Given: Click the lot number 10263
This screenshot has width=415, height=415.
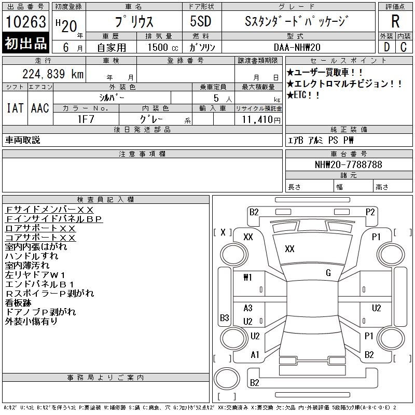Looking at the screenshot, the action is [26, 22].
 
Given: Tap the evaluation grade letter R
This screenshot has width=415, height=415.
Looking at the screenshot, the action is [395, 21].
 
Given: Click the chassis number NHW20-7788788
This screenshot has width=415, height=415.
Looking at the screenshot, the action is [348, 164].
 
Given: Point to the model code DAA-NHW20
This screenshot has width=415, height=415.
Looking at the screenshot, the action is [297, 47].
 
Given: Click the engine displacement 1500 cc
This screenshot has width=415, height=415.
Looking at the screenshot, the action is [163, 47].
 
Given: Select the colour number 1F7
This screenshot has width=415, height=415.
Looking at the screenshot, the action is [86, 119].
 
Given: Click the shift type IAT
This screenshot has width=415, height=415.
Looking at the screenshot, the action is [15, 108].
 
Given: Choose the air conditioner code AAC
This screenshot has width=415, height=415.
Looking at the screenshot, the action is [40, 108].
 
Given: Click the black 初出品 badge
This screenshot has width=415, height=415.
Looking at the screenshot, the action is [26, 44].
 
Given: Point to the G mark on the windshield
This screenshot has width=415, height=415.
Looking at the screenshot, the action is [328, 273].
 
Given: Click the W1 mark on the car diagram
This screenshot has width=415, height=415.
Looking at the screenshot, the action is [247, 278].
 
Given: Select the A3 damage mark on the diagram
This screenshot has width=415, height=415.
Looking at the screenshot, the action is [248, 308].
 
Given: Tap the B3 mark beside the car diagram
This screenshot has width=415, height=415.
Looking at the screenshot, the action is [225, 317].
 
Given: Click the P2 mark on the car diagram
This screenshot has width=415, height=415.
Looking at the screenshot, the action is [370, 212].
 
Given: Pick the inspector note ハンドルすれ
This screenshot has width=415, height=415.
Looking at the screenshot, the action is [32, 256].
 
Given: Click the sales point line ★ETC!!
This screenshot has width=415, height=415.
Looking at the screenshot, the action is [303, 95].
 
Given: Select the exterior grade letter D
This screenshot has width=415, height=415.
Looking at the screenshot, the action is [386, 47].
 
